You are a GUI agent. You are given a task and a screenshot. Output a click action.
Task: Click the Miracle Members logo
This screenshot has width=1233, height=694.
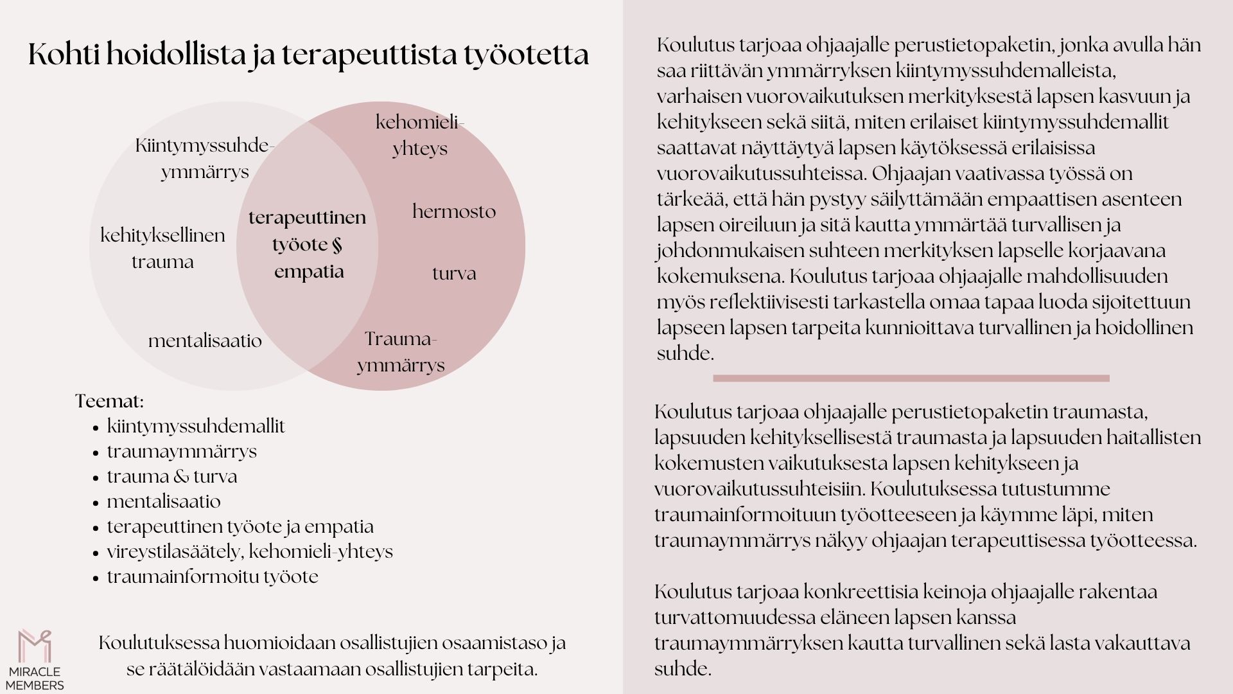coord(35,659)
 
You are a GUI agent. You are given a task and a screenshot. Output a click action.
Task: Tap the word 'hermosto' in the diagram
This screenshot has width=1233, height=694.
coord(454,211)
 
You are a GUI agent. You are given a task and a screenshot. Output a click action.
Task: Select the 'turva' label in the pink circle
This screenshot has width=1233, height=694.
coord(454,274)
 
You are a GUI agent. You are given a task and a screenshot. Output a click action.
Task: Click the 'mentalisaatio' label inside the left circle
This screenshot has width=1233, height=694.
coord(205,341)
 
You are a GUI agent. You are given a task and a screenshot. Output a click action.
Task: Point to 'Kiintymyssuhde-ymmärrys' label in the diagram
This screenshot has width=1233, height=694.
coord(205,159)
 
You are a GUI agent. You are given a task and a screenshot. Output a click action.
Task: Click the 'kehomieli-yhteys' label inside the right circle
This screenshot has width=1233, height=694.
coord(420,135)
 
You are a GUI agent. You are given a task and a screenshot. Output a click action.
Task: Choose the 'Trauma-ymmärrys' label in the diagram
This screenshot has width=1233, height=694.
coord(401,352)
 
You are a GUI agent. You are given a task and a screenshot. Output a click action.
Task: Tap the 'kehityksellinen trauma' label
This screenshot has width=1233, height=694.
coord(162,248)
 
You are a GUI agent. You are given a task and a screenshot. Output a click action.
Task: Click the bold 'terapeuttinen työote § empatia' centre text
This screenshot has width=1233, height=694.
coord(308,244)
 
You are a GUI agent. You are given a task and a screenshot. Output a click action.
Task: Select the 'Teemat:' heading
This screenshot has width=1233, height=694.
coord(109,402)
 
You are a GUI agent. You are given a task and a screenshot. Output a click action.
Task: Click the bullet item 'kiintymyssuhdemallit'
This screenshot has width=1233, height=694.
coord(196,427)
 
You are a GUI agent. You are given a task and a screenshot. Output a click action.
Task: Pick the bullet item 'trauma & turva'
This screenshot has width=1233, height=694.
coord(172,477)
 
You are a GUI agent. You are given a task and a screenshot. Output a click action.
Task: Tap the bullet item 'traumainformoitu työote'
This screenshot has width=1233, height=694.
coord(213,577)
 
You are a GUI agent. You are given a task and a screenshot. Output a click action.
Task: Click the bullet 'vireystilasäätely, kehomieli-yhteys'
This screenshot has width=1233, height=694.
coord(250,552)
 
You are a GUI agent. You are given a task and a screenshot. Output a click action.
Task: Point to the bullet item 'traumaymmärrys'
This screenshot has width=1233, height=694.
coord(182,452)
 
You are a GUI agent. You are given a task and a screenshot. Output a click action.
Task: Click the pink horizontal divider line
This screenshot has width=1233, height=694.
coord(911,378)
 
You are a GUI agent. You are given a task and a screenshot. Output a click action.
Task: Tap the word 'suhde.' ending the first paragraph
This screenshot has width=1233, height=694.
coord(685,353)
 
